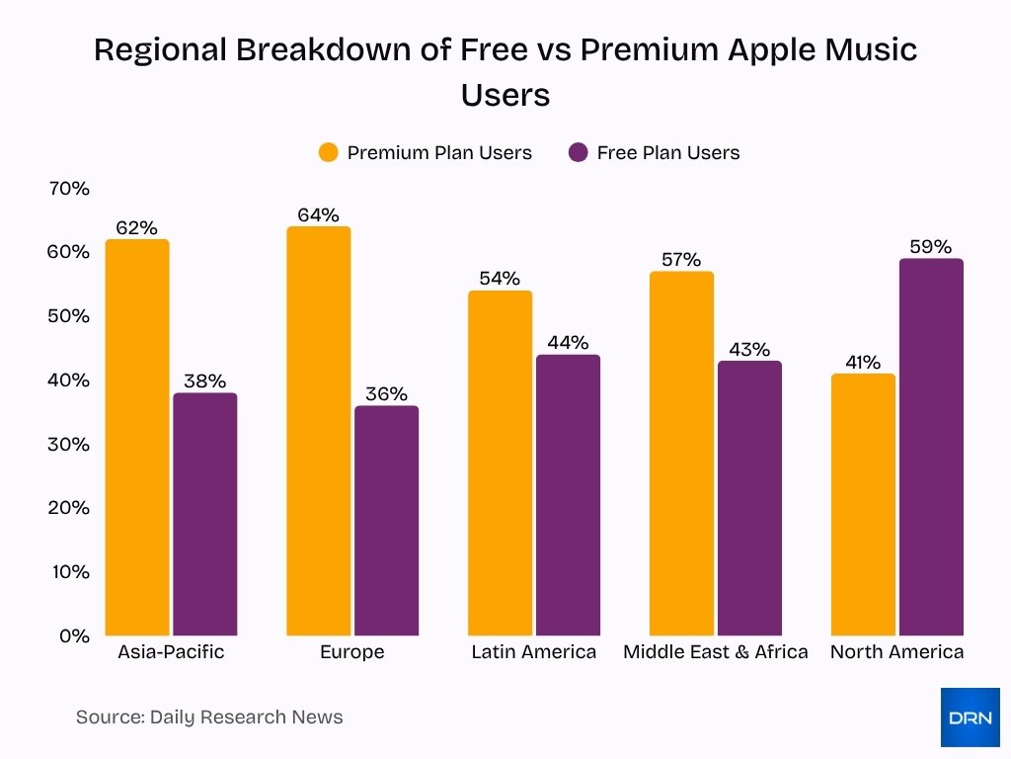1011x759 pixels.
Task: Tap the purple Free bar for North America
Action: click(931, 447)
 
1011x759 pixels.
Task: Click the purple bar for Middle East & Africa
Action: click(749, 498)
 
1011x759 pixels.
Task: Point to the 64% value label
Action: click(318, 214)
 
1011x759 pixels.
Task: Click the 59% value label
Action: click(930, 247)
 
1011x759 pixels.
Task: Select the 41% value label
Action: click(863, 363)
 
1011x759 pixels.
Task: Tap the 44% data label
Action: click(568, 343)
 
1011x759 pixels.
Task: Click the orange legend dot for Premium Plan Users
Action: click(328, 152)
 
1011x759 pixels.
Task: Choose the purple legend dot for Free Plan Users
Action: click(579, 152)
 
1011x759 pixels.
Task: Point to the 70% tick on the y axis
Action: click(69, 188)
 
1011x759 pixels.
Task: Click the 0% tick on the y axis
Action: click(73, 635)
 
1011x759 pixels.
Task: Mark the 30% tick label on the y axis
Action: click(69, 444)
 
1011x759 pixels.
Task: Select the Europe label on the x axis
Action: click(352, 652)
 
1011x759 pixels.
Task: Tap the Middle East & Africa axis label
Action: click(715, 652)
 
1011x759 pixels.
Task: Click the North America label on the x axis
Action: click(896, 652)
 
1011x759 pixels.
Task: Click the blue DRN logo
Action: click(970, 717)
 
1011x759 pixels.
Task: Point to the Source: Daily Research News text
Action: click(209, 717)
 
